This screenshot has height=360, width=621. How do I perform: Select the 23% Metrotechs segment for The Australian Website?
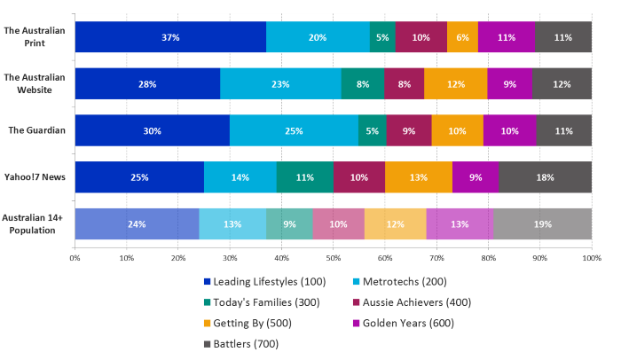click(280, 83)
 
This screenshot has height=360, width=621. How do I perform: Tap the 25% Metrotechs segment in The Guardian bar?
click(294, 130)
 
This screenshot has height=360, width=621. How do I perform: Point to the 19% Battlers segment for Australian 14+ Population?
click(542, 224)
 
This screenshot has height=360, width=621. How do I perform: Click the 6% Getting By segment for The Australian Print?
click(462, 37)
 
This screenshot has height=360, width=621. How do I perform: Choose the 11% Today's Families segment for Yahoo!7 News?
click(304, 177)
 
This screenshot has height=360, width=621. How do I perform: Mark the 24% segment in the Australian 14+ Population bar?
click(137, 224)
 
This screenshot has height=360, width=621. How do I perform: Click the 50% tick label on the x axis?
click(333, 258)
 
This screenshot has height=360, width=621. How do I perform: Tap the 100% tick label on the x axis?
click(591, 258)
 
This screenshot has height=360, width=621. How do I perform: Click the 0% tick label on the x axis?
click(75, 258)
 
